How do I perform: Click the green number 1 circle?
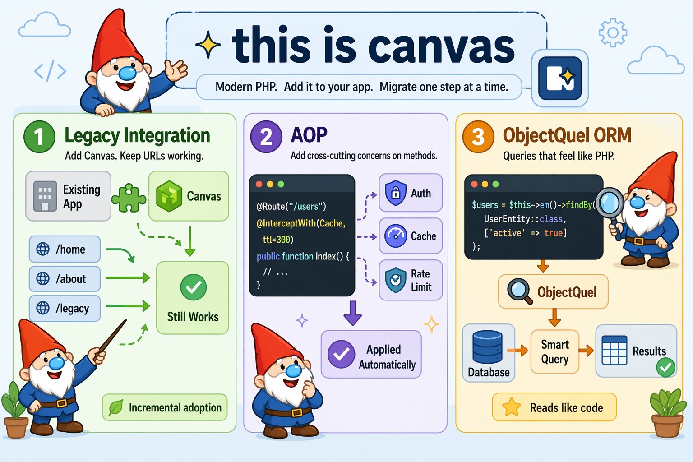tap(39, 136)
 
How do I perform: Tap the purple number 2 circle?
tap(266, 136)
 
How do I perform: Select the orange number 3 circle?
tap(478, 136)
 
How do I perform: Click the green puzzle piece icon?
tap(129, 198)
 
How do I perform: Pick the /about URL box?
tap(65, 279)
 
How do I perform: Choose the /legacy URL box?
tap(65, 308)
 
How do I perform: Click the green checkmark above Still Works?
tap(194, 287)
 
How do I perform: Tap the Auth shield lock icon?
tap(395, 193)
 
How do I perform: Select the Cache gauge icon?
tap(395, 236)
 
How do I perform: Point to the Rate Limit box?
tap(411, 280)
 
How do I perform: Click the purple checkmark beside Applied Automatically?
tap(341, 354)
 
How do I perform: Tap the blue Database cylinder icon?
tap(487, 346)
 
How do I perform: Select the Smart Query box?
tap(554, 352)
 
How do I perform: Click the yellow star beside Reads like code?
tap(512, 407)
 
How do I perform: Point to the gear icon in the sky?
tap(613, 32)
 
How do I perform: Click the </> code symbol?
tap(50, 71)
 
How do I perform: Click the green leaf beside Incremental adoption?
tap(116, 407)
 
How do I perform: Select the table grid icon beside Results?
tap(614, 350)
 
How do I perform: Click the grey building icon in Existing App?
tap(45, 196)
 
